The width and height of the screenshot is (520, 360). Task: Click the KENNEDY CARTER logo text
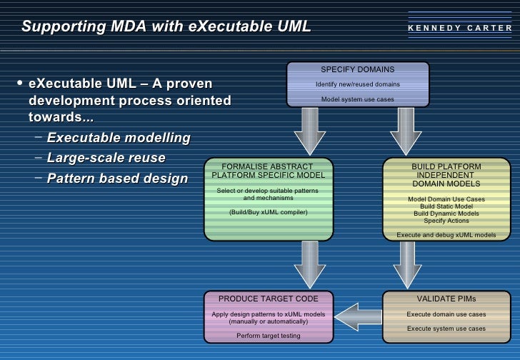[460, 29]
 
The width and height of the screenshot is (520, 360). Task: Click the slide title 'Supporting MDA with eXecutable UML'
[166, 27]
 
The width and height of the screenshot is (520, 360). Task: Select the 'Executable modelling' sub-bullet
[119, 137]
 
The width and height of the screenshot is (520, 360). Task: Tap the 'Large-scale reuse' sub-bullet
[106, 158]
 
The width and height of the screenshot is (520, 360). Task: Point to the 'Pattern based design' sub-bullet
[117, 179]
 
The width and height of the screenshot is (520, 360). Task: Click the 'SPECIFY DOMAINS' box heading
[357, 69]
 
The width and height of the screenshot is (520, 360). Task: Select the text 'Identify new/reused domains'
[358, 84]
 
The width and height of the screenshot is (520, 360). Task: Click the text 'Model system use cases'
[357, 99]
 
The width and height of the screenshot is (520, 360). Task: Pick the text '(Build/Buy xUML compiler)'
[268, 212]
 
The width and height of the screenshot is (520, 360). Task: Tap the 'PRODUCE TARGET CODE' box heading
[268, 299]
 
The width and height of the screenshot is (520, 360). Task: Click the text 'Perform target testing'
[269, 335]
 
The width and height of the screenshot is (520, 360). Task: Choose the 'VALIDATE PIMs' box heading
[446, 299]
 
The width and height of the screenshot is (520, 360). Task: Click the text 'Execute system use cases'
[446, 329]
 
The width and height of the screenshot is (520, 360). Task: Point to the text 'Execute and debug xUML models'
[446, 234]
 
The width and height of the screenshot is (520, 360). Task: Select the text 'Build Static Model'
[446, 206]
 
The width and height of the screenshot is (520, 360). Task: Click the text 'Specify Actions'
[446, 220]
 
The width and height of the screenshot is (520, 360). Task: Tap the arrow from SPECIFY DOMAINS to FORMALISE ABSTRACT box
[309, 131]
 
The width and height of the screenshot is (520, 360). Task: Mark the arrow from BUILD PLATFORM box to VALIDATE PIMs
[406, 264]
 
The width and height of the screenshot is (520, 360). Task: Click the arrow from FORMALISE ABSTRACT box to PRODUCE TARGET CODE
[309, 264]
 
